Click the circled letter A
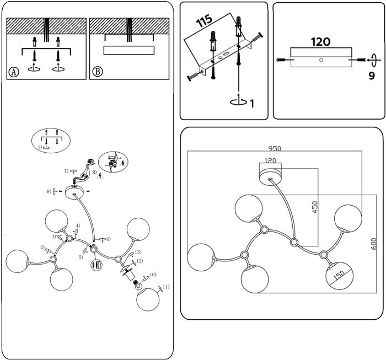tap(14, 72)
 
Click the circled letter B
tap(98, 72)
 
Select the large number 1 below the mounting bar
tap(252, 103)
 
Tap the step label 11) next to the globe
tap(167, 287)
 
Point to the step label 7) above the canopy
tap(66, 173)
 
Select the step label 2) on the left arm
tap(42, 248)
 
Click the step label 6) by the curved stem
tap(109, 239)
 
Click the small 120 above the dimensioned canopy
tap(270, 161)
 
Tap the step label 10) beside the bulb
tap(153, 274)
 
